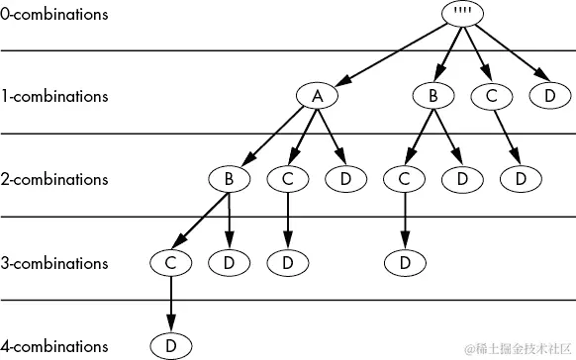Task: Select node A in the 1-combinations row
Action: (317, 97)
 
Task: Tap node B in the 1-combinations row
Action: (433, 97)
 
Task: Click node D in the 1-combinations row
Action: (550, 97)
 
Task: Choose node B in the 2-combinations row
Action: (230, 180)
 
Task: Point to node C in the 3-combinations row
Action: (171, 263)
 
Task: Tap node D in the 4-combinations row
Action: (171, 345)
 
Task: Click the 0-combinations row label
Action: (54, 15)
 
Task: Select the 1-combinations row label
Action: (54, 97)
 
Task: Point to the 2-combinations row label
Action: (54, 180)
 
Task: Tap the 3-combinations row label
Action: (54, 263)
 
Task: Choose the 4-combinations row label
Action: (54, 346)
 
